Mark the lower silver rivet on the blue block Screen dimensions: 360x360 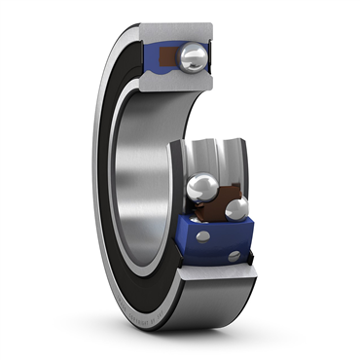click(x=234, y=256)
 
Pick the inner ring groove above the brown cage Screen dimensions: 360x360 click(x=204, y=156)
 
